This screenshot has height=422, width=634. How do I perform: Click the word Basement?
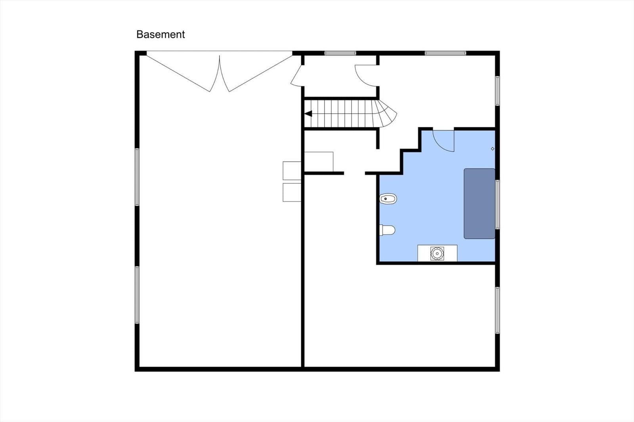(160, 34)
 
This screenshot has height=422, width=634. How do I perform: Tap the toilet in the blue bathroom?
(387, 230)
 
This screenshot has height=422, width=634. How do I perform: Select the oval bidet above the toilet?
(388, 199)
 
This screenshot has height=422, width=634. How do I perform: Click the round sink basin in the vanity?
(437, 253)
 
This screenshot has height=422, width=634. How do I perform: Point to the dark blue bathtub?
(479, 203)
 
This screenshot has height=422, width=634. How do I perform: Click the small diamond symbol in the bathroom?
(493, 149)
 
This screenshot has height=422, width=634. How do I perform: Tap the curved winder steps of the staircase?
(386, 113)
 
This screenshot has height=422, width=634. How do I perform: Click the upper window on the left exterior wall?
(137, 177)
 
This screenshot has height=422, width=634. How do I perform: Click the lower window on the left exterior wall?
(137, 295)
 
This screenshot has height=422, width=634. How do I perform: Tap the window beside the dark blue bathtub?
(497, 205)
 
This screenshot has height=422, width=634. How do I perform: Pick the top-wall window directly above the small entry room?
(340, 53)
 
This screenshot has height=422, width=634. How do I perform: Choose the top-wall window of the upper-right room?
(445, 53)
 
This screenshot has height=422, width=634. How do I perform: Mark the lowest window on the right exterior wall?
(497, 310)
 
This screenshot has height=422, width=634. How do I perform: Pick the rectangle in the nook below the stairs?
(319, 162)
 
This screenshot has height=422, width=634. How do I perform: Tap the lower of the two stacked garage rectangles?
(292, 192)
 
